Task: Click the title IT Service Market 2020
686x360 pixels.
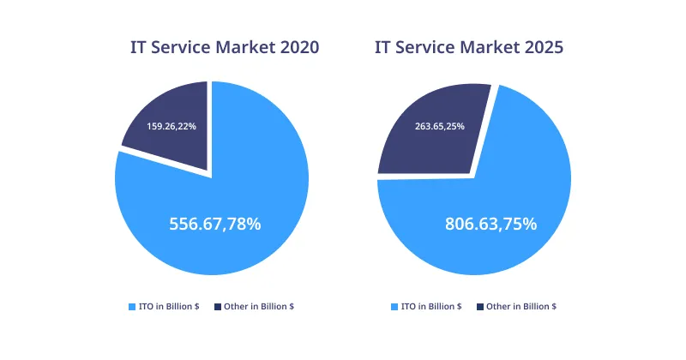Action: pos(225,48)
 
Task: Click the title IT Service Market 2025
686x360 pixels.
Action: pos(469,48)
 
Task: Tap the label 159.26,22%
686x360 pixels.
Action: pos(171,126)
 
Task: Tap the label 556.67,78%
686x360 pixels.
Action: pos(215,224)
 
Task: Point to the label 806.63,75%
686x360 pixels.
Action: pos(490,224)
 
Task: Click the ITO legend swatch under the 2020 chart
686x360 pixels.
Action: pos(132,306)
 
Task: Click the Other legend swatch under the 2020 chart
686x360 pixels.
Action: pos(218,306)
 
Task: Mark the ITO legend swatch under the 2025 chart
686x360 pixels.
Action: pos(394,306)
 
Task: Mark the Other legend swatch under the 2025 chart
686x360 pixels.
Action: pos(479,306)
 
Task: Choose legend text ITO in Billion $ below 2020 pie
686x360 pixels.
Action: pos(169,306)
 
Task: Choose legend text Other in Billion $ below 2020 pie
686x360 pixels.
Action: pos(259,306)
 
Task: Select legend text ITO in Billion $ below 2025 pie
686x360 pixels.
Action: pos(430,306)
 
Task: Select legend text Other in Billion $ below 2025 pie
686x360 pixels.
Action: pos(521,306)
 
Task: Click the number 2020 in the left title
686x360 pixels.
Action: pos(299,48)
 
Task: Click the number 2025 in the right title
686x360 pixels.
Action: pos(543,48)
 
